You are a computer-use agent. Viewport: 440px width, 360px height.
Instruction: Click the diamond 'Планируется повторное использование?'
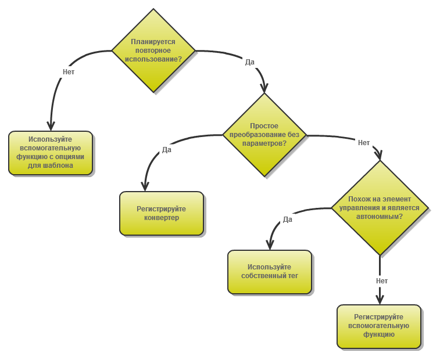pyautogui.click(x=153, y=51)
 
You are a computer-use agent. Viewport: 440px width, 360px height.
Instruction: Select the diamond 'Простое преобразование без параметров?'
pyautogui.click(x=264, y=135)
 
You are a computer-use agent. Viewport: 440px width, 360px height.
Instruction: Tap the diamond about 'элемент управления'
pyautogui.click(x=380, y=207)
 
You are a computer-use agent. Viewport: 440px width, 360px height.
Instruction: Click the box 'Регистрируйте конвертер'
pyautogui.click(x=162, y=213)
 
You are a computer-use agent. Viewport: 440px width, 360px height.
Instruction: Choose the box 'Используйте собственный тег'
pyautogui.click(x=270, y=271)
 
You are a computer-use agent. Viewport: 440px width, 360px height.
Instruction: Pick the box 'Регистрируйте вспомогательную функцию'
pyautogui.click(x=379, y=326)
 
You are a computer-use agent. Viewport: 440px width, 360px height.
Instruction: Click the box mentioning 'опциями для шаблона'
pyautogui.click(x=51, y=152)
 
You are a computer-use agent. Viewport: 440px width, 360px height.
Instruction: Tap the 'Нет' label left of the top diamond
pyautogui.click(x=69, y=72)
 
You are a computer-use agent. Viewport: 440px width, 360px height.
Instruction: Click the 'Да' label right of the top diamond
pyautogui.click(x=250, y=62)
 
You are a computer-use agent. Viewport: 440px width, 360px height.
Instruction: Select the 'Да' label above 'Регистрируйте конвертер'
pyautogui.click(x=167, y=149)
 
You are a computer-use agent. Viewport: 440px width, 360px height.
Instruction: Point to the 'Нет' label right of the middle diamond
pyautogui.click(x=364, y=143)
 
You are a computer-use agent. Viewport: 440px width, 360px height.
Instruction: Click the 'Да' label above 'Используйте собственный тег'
pyautogui.click(x=287, y=219)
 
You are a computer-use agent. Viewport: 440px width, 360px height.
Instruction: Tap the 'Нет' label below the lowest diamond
pyautogui.click(x=382, y=281)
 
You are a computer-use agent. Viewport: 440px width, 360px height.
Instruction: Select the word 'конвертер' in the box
pyautogui.click(x=162, y=218)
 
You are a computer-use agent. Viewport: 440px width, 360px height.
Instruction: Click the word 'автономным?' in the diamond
pyautogui.click(x=380, y=216)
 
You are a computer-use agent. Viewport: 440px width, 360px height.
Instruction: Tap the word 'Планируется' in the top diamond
pyautogui.click(x=153, y=42)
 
